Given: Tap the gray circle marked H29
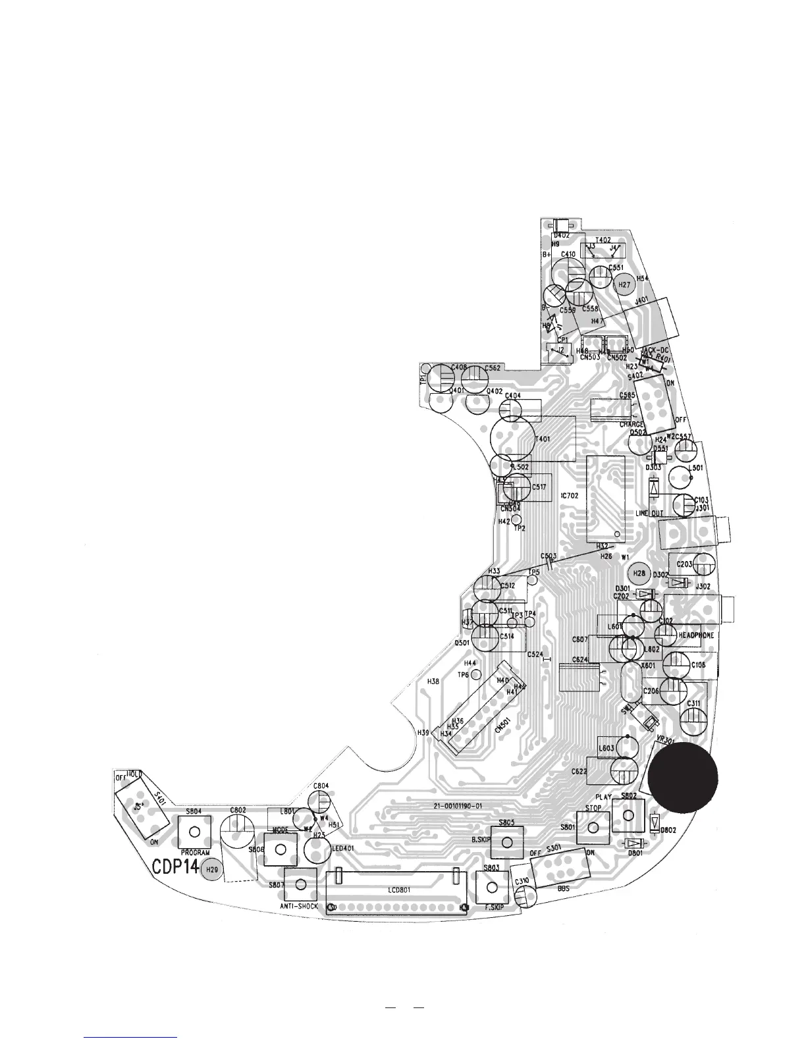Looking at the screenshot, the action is (211, 870).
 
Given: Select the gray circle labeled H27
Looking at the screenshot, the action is (625, 285).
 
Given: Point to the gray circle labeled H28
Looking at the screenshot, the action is (638, 574).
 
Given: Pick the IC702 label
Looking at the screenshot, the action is (569, 495).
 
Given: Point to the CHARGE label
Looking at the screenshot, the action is (631, 425).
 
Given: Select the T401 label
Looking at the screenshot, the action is (543, 439).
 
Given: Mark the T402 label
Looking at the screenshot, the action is (603, 240).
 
